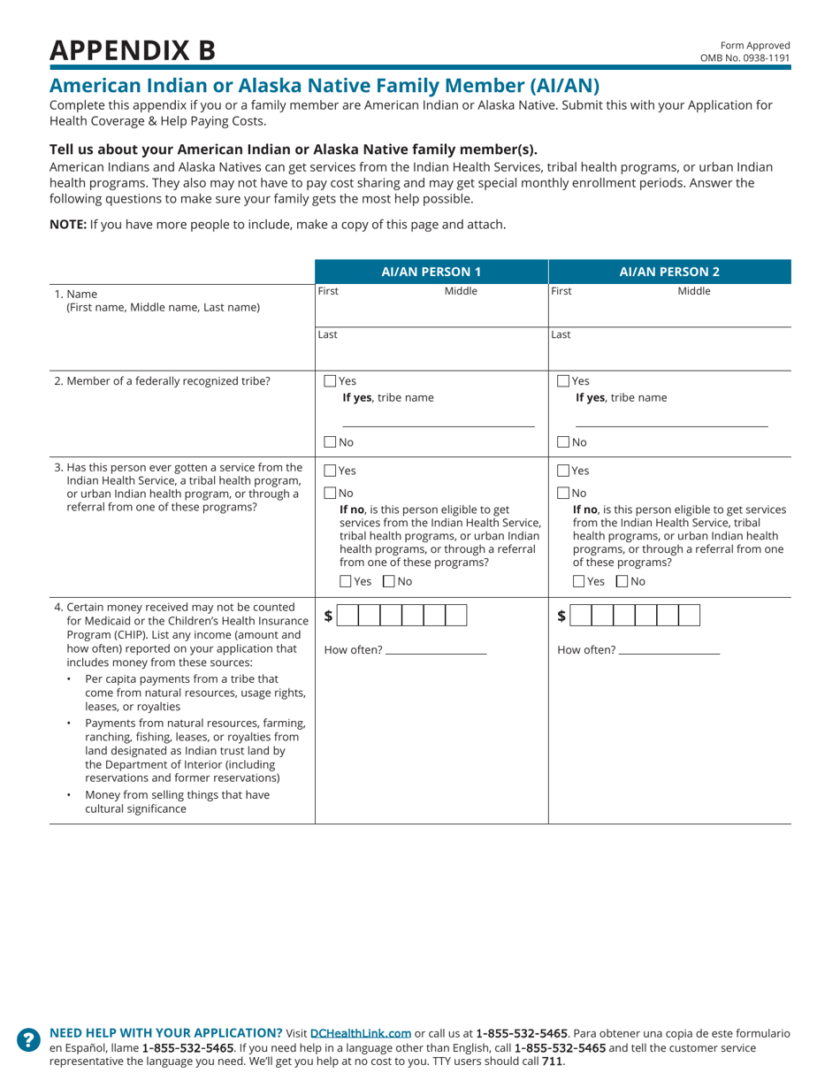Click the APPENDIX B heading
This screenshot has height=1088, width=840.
[132, 50]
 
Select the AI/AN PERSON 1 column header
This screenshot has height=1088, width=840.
[431, 272]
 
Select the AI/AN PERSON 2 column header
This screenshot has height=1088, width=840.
[669, 272]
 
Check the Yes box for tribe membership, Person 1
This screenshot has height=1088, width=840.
[331, 381]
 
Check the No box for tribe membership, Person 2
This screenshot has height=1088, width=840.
[563, 441]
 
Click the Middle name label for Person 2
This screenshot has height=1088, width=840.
[693, 291]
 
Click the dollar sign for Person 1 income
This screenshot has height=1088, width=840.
[329, 616]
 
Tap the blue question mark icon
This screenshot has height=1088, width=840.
[28, 1039]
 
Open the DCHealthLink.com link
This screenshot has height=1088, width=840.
[361, 1032]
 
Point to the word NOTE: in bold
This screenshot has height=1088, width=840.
[67, 225]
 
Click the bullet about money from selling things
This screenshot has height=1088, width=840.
[177, 801]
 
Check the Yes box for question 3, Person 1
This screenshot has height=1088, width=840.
[331, 471]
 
